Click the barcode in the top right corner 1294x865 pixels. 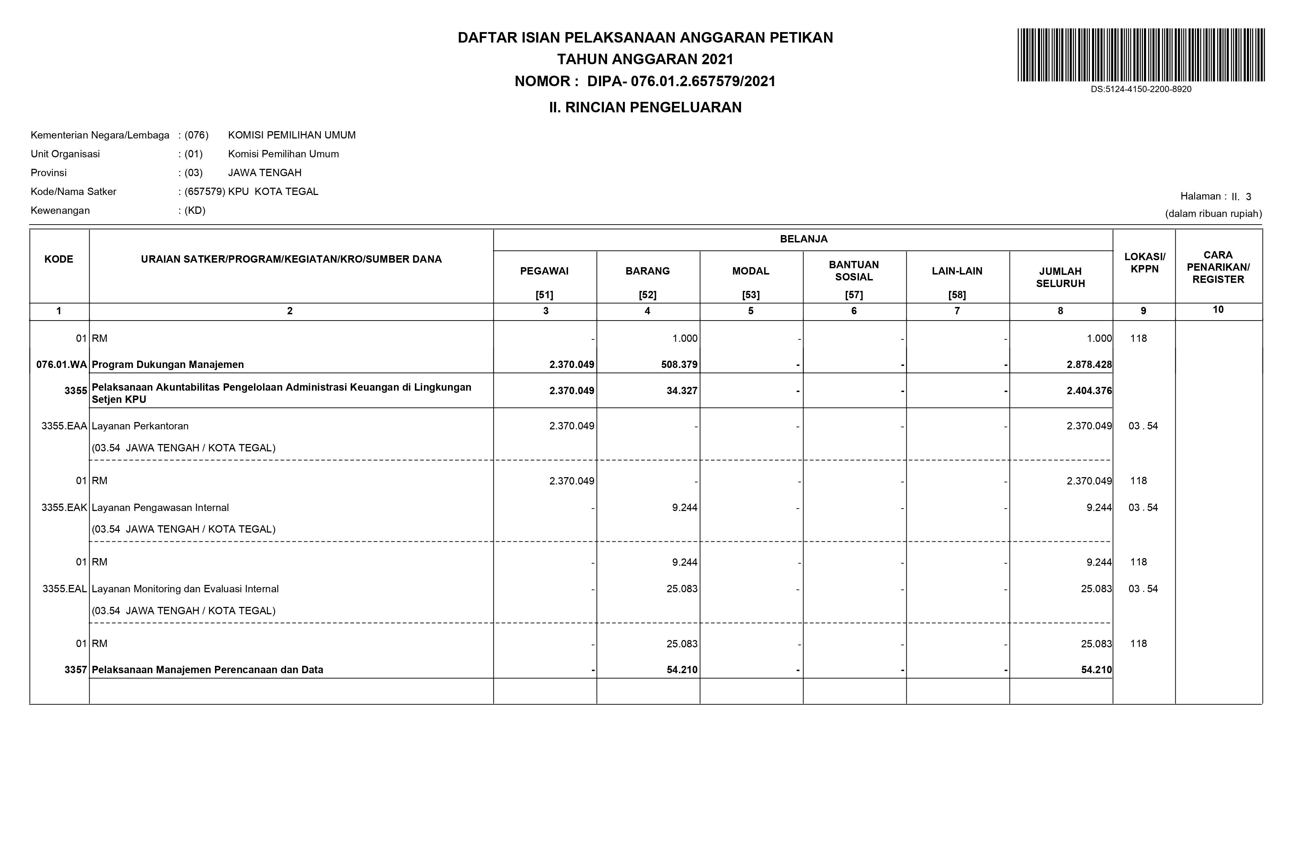(1140, 55)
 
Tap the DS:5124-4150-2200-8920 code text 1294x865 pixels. (1140, 89)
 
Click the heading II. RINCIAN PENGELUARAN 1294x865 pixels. (645, 107)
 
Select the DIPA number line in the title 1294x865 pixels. (645, 82)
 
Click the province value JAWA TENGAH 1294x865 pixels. (265, 173)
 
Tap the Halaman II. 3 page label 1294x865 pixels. (1215, 196)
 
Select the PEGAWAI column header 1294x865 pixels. (544, 271)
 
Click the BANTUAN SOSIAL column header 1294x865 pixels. (854, 271)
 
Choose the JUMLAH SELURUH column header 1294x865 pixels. (1060, 278)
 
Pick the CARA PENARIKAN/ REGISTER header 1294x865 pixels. (1218, 268)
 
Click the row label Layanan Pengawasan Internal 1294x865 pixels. (160, 507)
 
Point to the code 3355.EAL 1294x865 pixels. (65, 589)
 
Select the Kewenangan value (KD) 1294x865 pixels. (195, 211)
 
